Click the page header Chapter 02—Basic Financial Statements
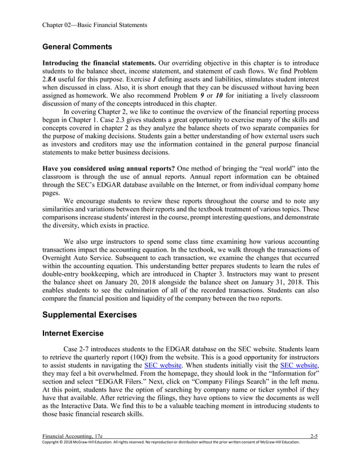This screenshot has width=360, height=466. click(95, 25)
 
